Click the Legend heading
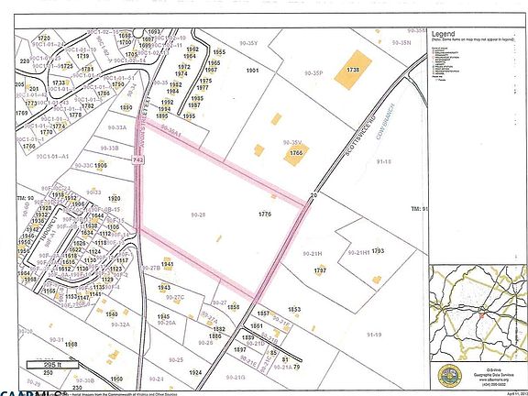tap(446, 32)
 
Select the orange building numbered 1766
tap(295, 154)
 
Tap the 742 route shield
tap(138, 160)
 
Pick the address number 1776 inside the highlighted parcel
tap(267, 213)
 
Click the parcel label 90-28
tap(197, 214)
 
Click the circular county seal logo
tap(451, 373)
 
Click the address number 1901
tap(253, 71)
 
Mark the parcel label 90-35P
tap(313, 70)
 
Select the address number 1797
tap(321, 270)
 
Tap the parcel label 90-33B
tap(108, 148)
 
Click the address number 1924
tap(194, 373)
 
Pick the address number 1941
tap(167, 263)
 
